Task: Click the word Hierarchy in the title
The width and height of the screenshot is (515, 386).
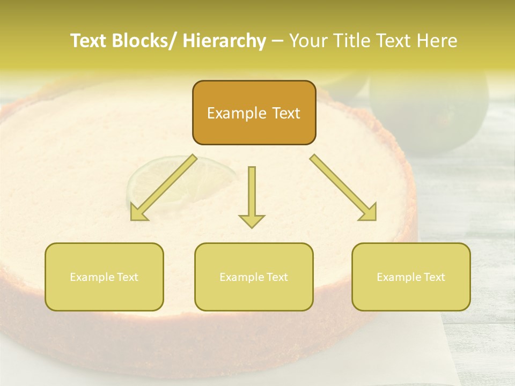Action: pos(224,41)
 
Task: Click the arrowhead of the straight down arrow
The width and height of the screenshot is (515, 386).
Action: pos(252,220)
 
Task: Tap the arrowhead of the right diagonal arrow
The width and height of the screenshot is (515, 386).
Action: pos(369,213)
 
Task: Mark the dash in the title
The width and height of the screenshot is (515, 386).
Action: pos(277,41)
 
